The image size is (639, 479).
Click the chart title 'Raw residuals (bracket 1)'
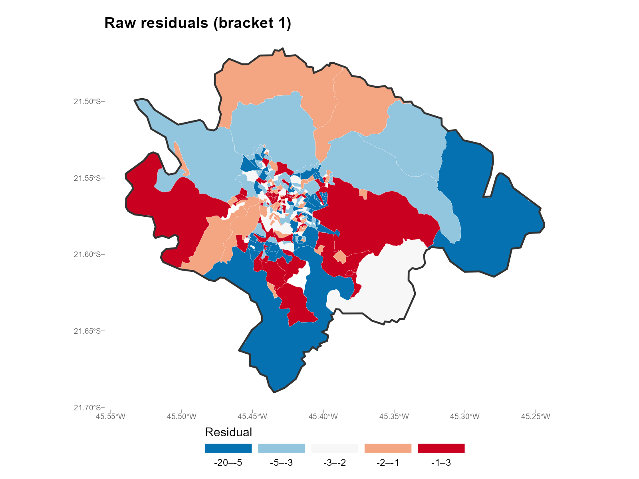[198, 23]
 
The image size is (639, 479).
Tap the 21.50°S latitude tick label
[87, 101]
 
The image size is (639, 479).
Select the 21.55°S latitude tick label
[87, 178]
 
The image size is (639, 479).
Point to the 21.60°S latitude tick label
[87, 255]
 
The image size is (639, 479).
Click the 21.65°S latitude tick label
[87, 331]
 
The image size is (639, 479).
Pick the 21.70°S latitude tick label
[87, 408]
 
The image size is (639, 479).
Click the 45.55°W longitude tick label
[111, 417]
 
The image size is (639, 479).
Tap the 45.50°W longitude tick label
[182, 417]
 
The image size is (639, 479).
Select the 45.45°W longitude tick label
[252, 417]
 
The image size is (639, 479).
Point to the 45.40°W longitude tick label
[323, 417]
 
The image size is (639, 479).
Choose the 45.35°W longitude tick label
[394, 417]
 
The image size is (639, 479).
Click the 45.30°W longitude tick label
[465, 417]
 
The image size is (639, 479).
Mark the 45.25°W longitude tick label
[536, 417]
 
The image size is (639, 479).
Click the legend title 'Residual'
[228, 432]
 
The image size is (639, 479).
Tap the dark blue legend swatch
[228, 448]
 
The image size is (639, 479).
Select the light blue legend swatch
[282, 448]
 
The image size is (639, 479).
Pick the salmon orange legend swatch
[388, 448]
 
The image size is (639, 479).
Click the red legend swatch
[441, 448]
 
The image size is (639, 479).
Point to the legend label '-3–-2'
[335, 463]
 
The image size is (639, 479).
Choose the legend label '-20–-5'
[228, 463]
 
